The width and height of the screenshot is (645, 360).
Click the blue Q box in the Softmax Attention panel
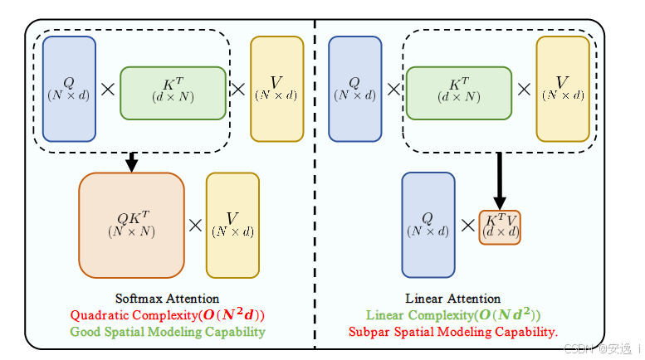pyautogui.click(x=69, y=88)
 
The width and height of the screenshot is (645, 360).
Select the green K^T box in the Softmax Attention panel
pyautogui.click(x=173, y=93)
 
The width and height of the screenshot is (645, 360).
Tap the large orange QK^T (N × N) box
pyautogui.click(x=131, y=225)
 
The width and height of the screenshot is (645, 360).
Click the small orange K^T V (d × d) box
pyautogui.click(x=500, y=227)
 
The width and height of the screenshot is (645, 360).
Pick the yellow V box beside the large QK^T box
pyautogui.click(x=232, y=225)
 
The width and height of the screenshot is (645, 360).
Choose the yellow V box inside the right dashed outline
pyautogui.click(x=563, y=89)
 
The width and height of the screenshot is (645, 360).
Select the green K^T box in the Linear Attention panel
pyautogui.click(x=458, y=93)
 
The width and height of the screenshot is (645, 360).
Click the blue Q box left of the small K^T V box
pyautogui.click(x=428, y=225)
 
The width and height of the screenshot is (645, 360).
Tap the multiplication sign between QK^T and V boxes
pyautogui.click(x=195, y=225)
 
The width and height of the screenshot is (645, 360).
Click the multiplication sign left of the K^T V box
pyautogui.click(x=467, y=225)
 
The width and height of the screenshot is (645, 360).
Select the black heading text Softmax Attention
pyautogui.click(x=167, y=299)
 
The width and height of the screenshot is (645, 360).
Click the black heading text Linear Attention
pyautogui.click(x=452, y=299)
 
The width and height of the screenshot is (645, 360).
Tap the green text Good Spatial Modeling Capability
pyautogui.click(x=167, y=332)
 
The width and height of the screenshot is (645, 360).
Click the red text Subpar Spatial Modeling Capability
pyautogui.click(x=452, y=332)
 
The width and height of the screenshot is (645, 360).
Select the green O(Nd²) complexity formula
pyautogui.click(x=506, y=315)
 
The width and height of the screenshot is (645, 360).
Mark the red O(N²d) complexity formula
pyautogui.click(x=228, y=315)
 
